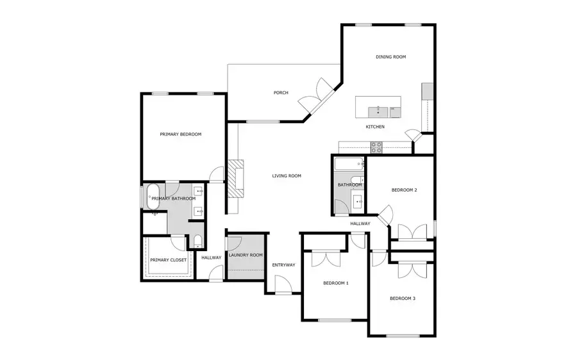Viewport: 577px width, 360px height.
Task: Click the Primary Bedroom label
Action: [x=181, y=135]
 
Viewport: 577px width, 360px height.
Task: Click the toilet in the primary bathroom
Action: [x=197, y=241]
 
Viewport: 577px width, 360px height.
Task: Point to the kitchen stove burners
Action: [x=376, y=147]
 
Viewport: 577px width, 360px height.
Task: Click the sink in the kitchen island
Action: [x=378, y=110]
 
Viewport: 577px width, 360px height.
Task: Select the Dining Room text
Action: [x=390, y=57]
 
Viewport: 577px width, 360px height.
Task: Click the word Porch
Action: [x=281, y=93]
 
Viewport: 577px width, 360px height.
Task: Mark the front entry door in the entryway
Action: [x=280, y=284]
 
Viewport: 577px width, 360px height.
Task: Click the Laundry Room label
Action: [x=246, y=255]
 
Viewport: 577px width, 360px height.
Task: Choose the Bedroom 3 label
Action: [x=403, y=298]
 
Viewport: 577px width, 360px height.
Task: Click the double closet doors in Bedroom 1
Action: [x=325, y=258]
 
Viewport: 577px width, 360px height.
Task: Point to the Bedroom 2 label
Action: [x=405, y=190]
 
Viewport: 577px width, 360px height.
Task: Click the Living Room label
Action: [x=287, y=176]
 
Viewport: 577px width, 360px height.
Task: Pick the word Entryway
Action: [x=283, y=265]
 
